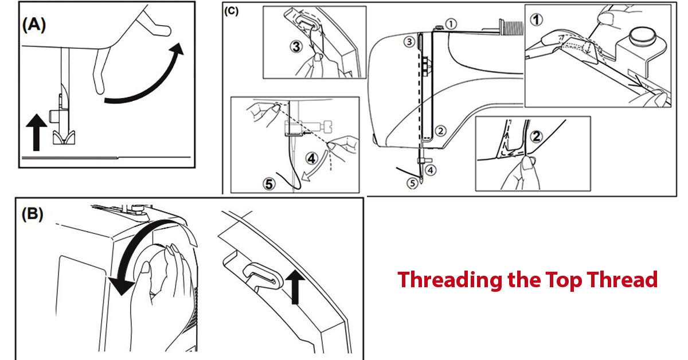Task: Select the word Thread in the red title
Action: [x=621, y=280]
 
